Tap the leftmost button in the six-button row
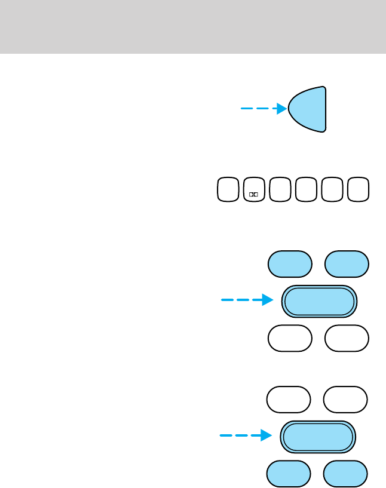point(228,189)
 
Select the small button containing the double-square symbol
point(254,189)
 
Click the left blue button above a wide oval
point(290,264)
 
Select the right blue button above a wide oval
point(347,264)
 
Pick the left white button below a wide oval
point(290,338)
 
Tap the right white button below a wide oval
point(347,338)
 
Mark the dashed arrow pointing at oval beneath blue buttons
point(243,300)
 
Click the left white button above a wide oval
point(289,400)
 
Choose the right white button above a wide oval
point(345,400)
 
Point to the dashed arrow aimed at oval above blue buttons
point(242,436)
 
